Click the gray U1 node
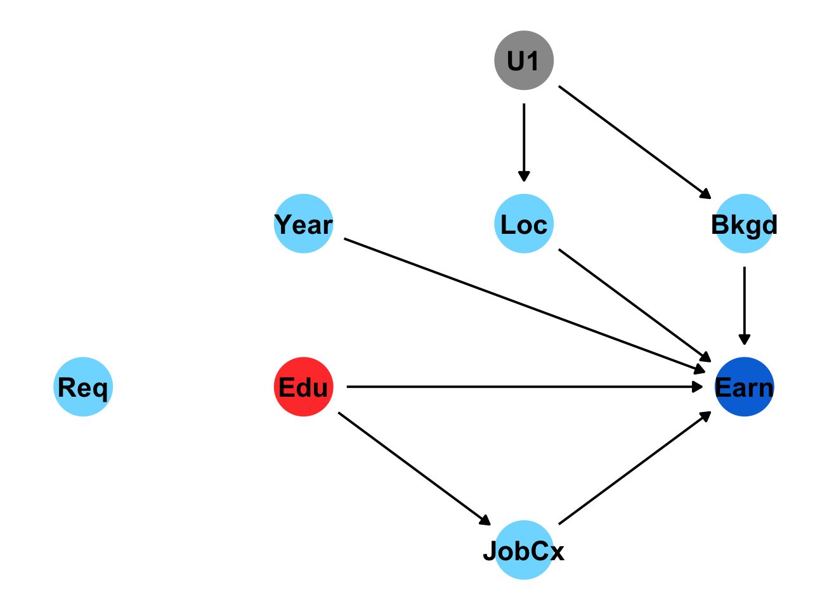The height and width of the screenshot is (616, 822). point(524,60)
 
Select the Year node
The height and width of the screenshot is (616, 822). point(303,224)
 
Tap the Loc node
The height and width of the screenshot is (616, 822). point(524,224)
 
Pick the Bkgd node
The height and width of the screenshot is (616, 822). point(744,224)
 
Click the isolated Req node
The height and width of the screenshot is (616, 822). point(83,387)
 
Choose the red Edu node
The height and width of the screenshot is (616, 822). point(303,387)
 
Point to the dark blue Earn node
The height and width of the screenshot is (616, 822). point(744,387)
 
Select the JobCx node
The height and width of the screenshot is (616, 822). point(524,550)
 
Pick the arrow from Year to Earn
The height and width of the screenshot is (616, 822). point(524,305)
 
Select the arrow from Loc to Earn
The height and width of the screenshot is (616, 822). point(634,305)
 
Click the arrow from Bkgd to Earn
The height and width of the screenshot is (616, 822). point(744,304)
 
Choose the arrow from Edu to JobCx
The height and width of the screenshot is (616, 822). point(414,468)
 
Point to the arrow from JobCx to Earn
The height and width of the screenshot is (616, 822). point(634,468)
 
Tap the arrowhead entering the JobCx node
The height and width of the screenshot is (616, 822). point(485,521)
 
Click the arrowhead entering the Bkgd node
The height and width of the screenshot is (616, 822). point(705,195)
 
